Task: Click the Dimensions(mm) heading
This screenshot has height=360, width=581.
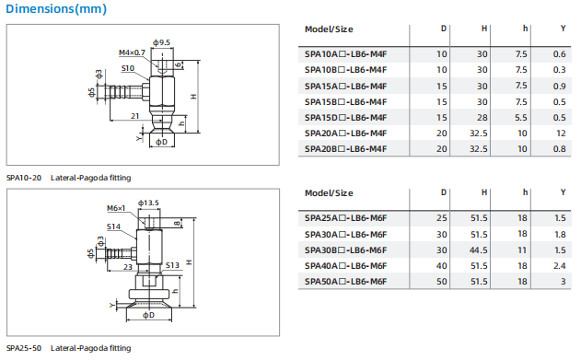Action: tap(56, 8)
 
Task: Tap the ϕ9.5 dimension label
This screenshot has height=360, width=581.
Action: tap(161, 42)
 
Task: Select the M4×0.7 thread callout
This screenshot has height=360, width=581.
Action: tap(132, 52)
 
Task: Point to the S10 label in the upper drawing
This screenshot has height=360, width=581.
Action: tap(128, 68)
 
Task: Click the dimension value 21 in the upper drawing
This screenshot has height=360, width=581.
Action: tap(134, 116)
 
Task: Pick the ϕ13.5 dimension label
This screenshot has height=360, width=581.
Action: tap(148, 203)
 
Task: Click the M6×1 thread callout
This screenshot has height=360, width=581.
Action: tap(116, 208)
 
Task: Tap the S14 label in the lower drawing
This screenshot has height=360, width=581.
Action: tap(113, 226)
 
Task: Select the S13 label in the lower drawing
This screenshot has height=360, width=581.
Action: tap(172, 265)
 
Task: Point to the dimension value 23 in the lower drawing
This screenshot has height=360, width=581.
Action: tap(128, 267)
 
